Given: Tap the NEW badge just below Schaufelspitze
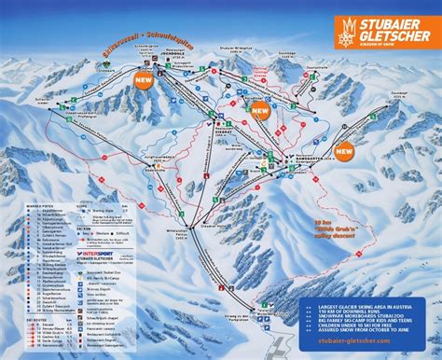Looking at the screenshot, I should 145,81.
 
